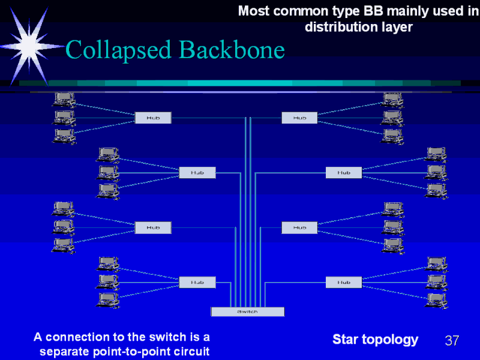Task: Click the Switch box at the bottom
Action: (x=247, y=311)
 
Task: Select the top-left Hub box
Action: (x=153, y=118)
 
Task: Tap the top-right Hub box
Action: (x=300, y=118)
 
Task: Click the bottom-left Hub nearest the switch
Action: (x=197, y=281)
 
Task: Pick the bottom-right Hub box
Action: (x=344, y=281)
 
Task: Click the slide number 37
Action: (x=452, y=341)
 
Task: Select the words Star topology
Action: (x=375, y=340)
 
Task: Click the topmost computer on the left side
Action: (x=64, y=99)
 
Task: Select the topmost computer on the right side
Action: (x=392, y=99)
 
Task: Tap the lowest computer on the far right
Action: (x=436, y=299)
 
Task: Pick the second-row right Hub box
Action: (x=344, y=172)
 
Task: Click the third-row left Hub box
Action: (x=153, y=227)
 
